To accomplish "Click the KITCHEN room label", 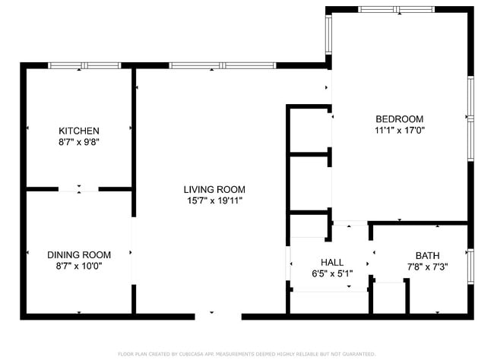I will pyautogui.click(x=79, y=131).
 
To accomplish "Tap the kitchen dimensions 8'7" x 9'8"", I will pyautogui.click(x=79, y=141).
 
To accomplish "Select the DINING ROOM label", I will pyautogui.click(x=79, y=255).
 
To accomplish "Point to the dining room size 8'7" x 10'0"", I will pyautogui.click(x=79, y=266).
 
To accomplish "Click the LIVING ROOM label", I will pyautogui.click(x=214, y=189).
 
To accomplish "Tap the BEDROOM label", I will pyautogui.click(x=399, y=118).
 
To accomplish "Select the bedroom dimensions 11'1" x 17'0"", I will pyautogui.click(x=399, y=130).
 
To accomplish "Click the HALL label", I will pyautogui.click(x=331, y=261).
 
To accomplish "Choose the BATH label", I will pyautogui.click(x=427, y=255).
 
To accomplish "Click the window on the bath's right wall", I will pyautogui.click(x=470, y=265).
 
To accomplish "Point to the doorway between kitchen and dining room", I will pyautogui.click(x=79, y=188).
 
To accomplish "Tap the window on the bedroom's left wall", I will pyautogui.click(x=329, y=36).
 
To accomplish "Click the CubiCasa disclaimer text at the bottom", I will pyautogui.click(x=246, y=354).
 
